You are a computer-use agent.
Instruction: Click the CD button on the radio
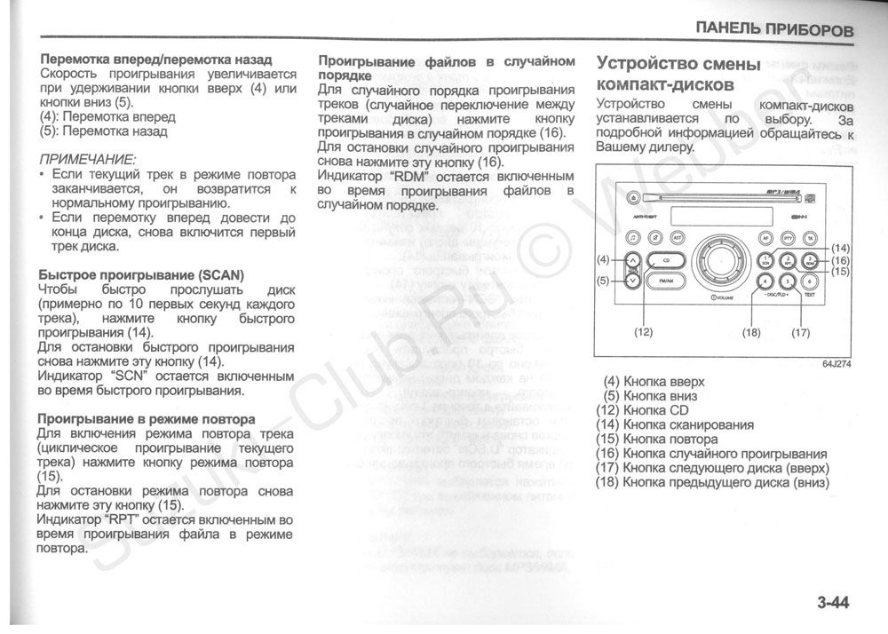667,261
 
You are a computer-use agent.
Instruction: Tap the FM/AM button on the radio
667,281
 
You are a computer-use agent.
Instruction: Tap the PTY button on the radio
787,237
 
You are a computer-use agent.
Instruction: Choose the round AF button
764,237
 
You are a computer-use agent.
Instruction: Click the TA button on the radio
809,237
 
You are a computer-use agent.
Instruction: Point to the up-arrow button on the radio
631,261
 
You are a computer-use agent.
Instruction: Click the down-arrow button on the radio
631,281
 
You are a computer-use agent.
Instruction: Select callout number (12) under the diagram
643,332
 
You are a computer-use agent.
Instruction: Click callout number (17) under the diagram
801,332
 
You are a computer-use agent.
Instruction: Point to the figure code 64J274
836,364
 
